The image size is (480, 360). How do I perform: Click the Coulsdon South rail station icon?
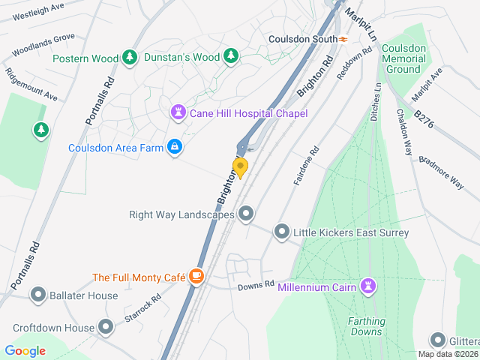(343, 39)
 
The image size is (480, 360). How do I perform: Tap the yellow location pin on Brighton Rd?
(240, 167)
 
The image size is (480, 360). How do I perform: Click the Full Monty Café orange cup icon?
(196, 277)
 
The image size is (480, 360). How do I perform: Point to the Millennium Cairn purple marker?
(367, 286)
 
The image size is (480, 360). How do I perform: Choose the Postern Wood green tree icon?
(130, 58)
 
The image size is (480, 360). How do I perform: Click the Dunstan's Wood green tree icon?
(232, 57)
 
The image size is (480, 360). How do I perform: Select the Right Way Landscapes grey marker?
(245, 214)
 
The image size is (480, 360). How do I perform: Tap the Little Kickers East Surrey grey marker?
(281, 232)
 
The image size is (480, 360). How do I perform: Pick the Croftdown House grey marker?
(106, 328)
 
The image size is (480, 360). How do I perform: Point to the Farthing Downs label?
(365, 326)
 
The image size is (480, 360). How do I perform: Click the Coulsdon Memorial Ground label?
(403, 58)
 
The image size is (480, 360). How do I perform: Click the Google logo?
(25, 350)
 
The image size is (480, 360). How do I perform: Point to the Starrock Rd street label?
(142, 307)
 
